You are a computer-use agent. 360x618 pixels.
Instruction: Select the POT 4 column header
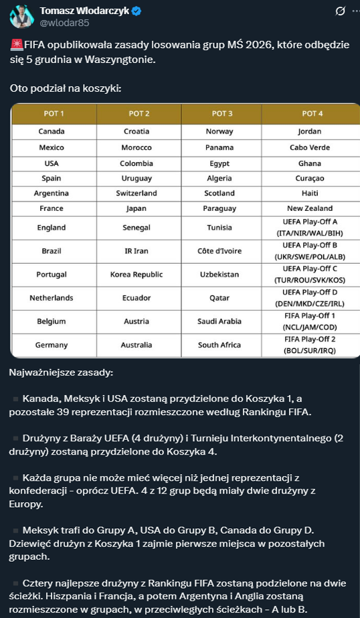pyautogui.click(x=310, y=114)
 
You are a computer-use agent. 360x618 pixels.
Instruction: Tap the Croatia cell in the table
pyautogui.click(x=137, y=132)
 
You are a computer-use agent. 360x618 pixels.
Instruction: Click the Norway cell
pyautogui.click(x=219, y=132)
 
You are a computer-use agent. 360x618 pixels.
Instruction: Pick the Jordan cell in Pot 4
pyautogui.click(x=310, y=132)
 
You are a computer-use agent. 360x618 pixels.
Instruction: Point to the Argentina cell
pyautogui.click(x=52, y=194)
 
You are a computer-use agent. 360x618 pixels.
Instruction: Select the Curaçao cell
pyautogui.click(x=310, y=178)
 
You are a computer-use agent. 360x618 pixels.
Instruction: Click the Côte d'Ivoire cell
pyautogui.click(x=219, y=250)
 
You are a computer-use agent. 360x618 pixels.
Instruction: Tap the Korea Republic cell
pyautogui.click(x=137, y=275)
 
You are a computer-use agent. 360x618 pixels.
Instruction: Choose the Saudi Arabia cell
pyautogui.click(x=219, y=321)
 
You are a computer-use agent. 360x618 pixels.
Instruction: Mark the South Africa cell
pyautogui.click(x=219, y=345)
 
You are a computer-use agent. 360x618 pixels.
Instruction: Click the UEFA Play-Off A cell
pyautogui.click(x=310, y=226)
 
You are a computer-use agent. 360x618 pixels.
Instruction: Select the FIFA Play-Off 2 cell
pyautogui.click(x=310, y=345)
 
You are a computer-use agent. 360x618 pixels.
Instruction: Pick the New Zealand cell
pyautogui.click(x=310, y=209)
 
